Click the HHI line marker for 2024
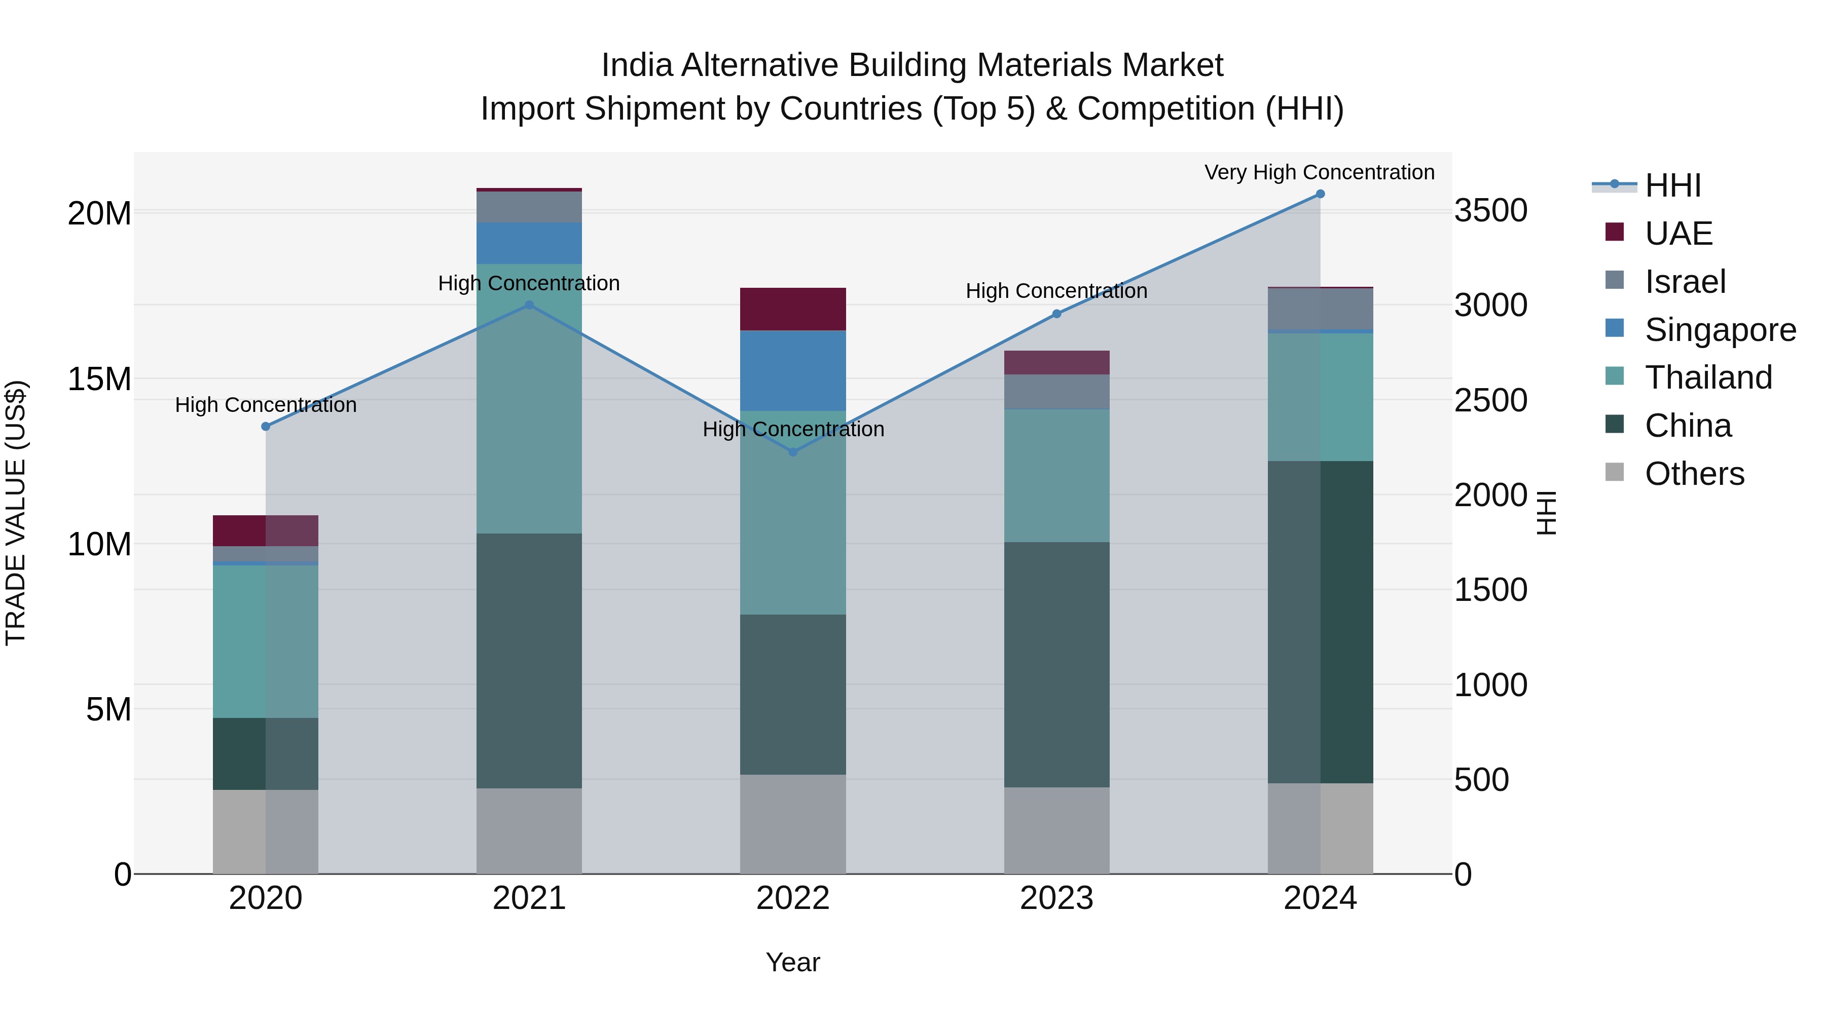coord(1320,194)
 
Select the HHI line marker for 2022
coord(793,452)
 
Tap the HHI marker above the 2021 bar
coord(529,305)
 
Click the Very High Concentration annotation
coord(1319,172)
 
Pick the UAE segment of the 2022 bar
coord(793,310)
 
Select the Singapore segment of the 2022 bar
coord(793,370)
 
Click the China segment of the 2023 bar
coord(1056,664)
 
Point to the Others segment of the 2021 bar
coord(529,830)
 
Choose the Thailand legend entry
coord(1708,377)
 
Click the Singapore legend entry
coord(1720,330)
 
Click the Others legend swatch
coord(1615,472)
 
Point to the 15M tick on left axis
coord(99,379)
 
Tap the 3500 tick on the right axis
coord(1490,211)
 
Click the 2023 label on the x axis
coord(1056,898)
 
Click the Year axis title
coord(793,962)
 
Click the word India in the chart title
coord(636,65)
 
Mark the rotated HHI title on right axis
coord(1547,513)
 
